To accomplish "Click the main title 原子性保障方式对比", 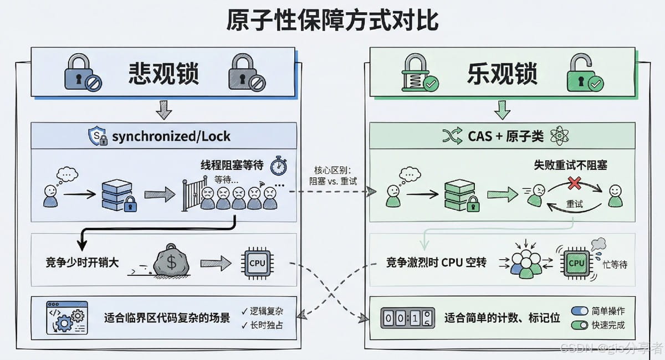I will tap(332, 21).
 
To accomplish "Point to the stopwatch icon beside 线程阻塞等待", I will tap(278, 166).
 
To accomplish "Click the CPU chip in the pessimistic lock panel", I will tap(257, 263).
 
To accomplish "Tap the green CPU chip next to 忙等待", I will tap(576, 263).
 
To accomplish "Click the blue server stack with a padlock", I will tap(117, 194).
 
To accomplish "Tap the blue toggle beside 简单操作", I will tap(580, 311).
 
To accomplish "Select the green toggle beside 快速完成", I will tap(580, 325).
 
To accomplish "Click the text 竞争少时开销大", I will tap(82, 263).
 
